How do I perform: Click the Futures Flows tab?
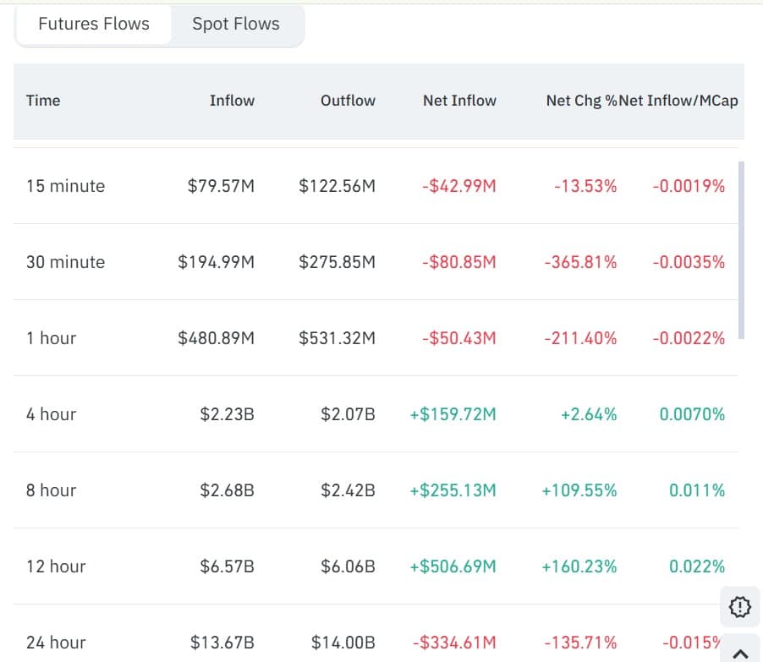tap(94, 25)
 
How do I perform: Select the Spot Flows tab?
tap(236, 25)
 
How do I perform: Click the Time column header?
tap(43, 101)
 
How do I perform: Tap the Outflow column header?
tap(348, 101)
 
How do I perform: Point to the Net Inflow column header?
tap(459, 101)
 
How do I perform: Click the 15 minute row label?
tap(66, 186)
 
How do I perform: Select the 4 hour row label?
tap(51, 414)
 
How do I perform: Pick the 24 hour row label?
tap(56, 643)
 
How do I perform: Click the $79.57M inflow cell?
tap(221, 186)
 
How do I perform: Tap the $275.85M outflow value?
tap(337, 262)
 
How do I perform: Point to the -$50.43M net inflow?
tap(458, 338)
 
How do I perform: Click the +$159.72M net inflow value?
tap(453, 414)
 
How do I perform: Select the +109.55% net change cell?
tap(579, 490)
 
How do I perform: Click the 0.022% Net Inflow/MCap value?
tap(697, 566)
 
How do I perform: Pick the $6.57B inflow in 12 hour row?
tap(227, 566)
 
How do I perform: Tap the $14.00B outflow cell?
tap(343, 643)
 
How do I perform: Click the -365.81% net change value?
tap(580, 262)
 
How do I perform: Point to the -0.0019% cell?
tap(689, 186)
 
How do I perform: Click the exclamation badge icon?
tap(738, 606)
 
